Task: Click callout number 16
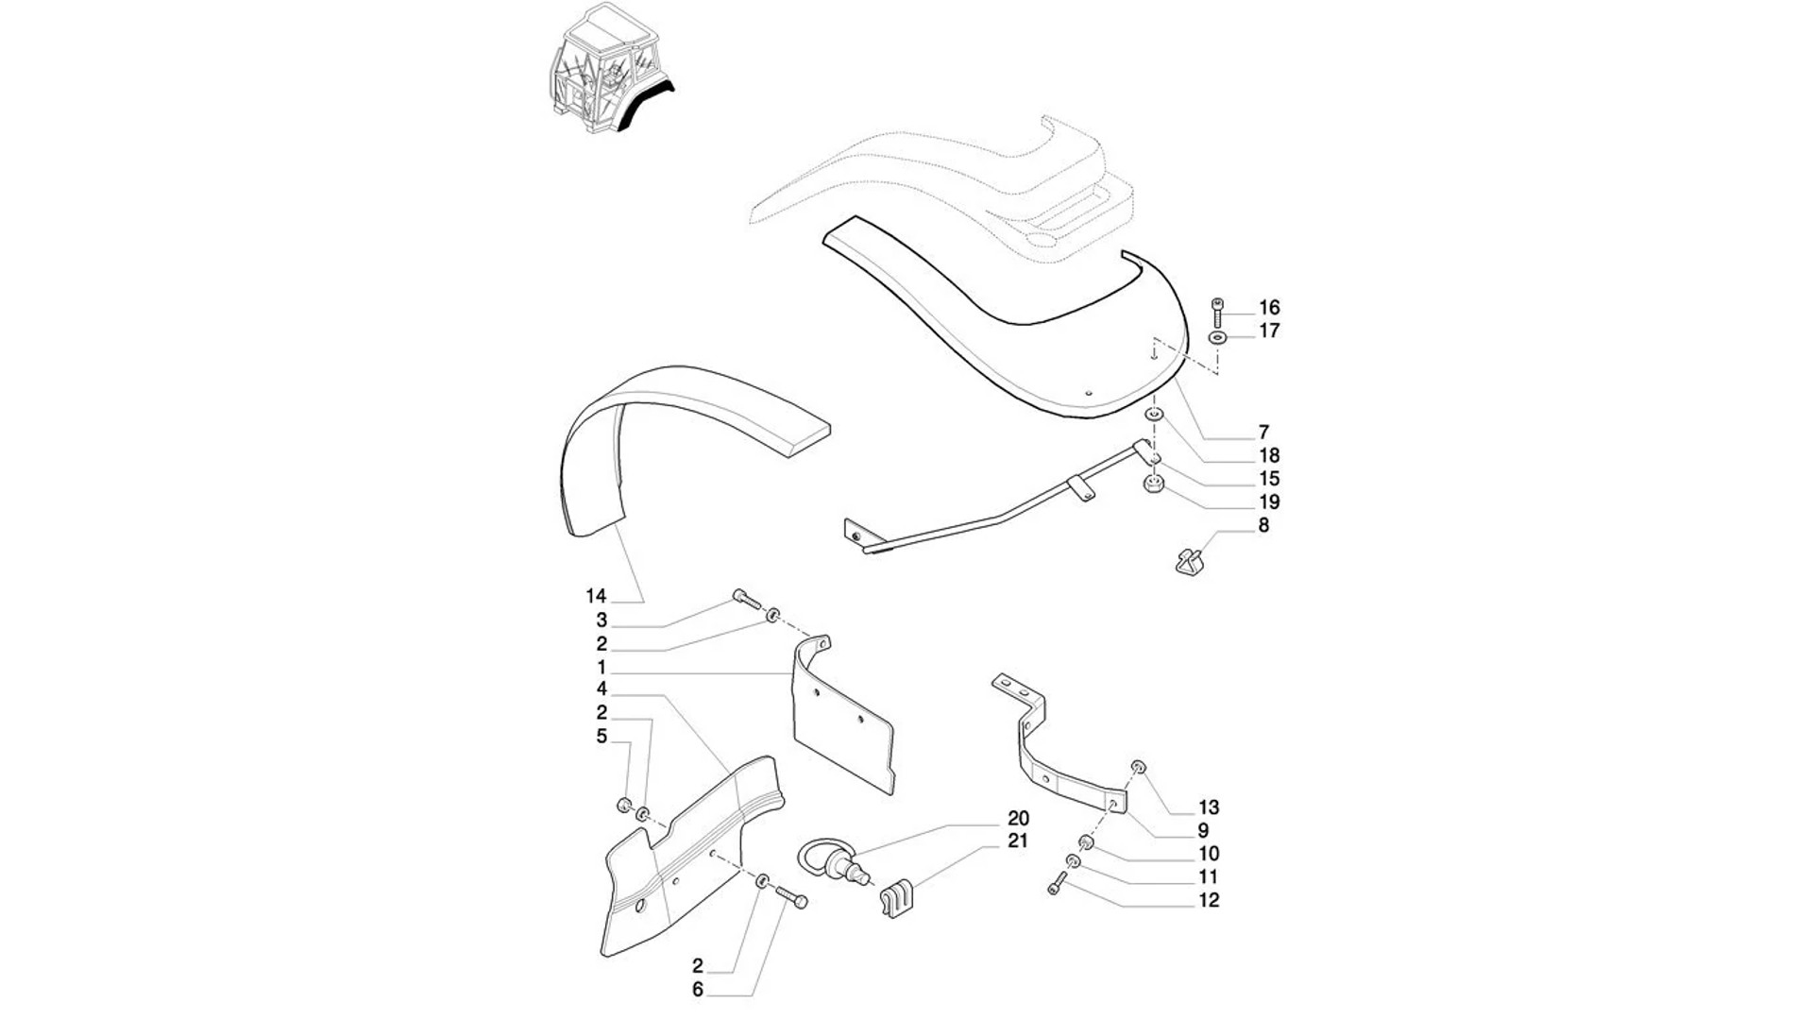click(1269, 308)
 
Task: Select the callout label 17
click(1269, 331)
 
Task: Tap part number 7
click(1263, 433)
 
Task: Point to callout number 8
click(1263, 526)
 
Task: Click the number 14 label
click(595, 596)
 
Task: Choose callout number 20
click(1018, 818)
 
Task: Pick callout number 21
click(1018, 841)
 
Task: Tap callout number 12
click(1209, 900)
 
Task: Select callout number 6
click(698, 990)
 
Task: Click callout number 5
click(602, 736)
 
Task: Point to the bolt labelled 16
click(1217, 310)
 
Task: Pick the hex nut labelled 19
click(1152, 486)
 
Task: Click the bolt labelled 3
click(745, 598)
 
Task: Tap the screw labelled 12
click(1057, 883)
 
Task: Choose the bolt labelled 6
click(791, 897)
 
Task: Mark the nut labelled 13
click(1139, 766)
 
